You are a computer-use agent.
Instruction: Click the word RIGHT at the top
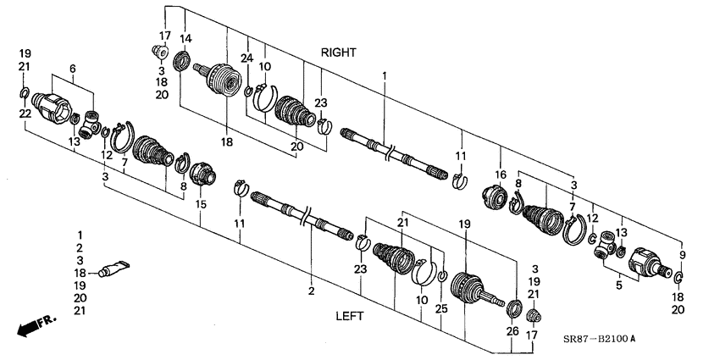tap(338, 53)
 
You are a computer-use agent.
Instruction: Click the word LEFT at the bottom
tap(349, 316)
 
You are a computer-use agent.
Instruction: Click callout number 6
tap(72, 69)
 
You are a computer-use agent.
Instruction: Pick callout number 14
tap(186, 38)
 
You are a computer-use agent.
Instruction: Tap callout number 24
tap(247, 58)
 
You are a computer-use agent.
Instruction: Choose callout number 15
tap(200, 204)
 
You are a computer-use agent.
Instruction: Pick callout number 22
tap(25, 114)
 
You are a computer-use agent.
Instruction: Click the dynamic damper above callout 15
tap(202, 174)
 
